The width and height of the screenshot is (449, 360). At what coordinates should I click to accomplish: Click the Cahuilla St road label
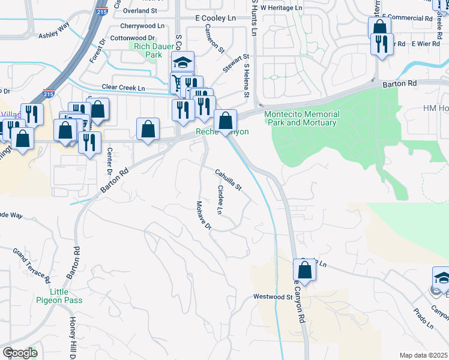click(x=229, y=179)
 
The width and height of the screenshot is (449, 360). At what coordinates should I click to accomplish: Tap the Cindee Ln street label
click(x=220, y=200)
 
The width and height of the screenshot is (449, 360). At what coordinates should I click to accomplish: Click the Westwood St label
click(x=271, y=296)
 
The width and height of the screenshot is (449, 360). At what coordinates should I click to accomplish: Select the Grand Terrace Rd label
click(x=31, y=266)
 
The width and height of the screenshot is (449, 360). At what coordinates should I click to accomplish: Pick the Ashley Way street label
click(x=54, y=31)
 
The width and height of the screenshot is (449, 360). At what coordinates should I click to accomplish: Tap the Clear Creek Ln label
click(x=124, y=88)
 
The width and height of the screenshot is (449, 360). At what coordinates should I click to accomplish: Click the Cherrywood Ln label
click(x=142, y=26)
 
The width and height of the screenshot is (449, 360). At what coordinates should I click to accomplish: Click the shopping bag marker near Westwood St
click(x=304, y=271)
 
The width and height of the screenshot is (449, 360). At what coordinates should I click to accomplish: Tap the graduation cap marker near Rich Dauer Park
click(x=182, y=62)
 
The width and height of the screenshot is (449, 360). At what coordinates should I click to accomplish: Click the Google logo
click(x=20, y=353)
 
